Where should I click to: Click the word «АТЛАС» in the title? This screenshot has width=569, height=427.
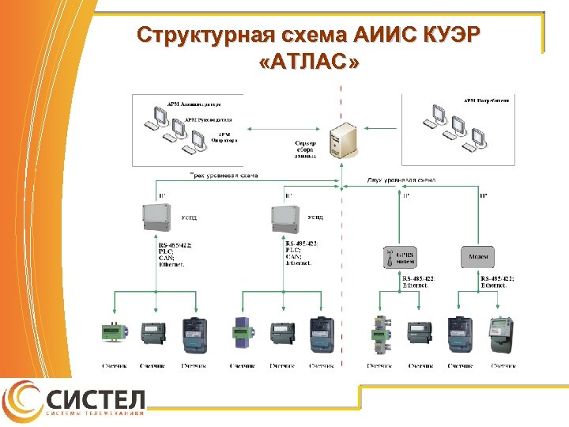click(307, 62)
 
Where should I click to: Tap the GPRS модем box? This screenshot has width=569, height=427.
click(400, 257)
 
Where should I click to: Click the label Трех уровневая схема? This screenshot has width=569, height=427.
click(224, 176)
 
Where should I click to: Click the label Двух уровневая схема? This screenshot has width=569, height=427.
click(401, 180)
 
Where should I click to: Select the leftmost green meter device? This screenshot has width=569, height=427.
click(111, 331)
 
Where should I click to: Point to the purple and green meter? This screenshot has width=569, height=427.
click(241, 333)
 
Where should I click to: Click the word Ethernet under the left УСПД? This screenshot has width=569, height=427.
click(171, 265)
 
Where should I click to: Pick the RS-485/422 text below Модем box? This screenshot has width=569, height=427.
click(497, 278)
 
